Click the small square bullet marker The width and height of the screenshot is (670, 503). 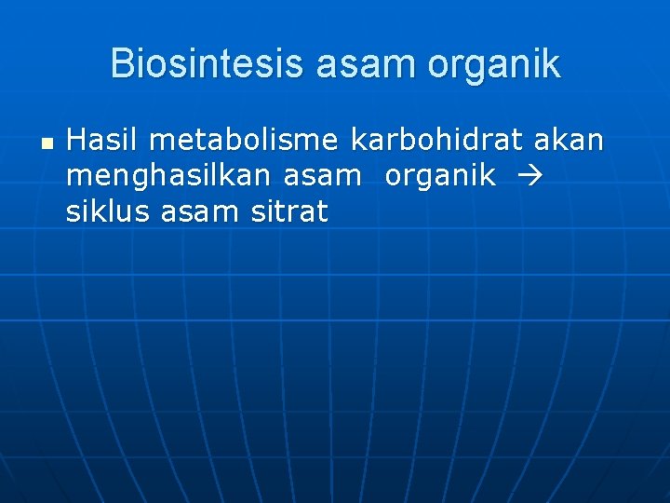click(46, 144)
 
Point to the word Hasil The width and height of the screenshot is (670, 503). click(101, 141)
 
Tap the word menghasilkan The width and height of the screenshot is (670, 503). click(169, 177)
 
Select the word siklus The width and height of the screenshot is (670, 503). click(109, 212)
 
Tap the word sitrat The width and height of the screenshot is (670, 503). click(289, 212)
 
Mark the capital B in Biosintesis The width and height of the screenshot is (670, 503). click(121, 64)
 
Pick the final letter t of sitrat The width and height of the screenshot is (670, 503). click(323, 212)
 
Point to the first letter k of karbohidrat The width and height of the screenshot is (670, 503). click(357, 141)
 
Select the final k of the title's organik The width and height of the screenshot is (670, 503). click(552, 64)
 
